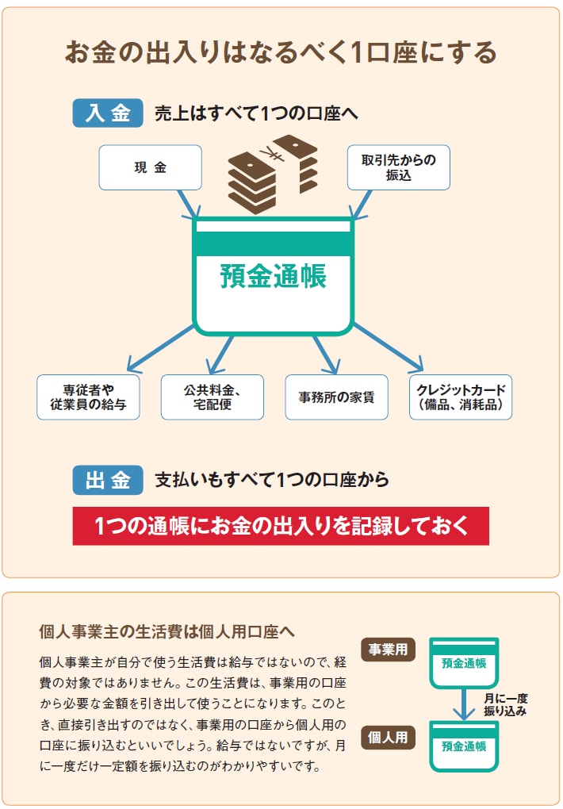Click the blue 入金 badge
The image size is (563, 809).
tap(108, 113)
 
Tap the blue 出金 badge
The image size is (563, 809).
tap(108, 480)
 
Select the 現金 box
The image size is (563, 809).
tap(150, 167)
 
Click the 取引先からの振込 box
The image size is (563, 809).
tap(398, 167)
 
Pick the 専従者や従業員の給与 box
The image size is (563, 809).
tap(88, 397)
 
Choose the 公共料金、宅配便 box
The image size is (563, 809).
tap(212, 397)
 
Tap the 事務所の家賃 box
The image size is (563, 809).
tap(336, 397)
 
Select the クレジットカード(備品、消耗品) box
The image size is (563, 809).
tap(460, 397)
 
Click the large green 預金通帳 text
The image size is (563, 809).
tap(273, 278)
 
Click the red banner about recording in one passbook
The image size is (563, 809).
tap(281, 525)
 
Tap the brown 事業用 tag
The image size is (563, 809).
tap(388, 650)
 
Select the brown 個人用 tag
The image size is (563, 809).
tap(388, 737)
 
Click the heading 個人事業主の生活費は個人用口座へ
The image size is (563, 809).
tap(167, 631)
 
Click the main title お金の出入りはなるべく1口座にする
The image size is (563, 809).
tap(281, 52)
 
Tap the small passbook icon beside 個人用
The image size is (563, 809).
tap(464, 746)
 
